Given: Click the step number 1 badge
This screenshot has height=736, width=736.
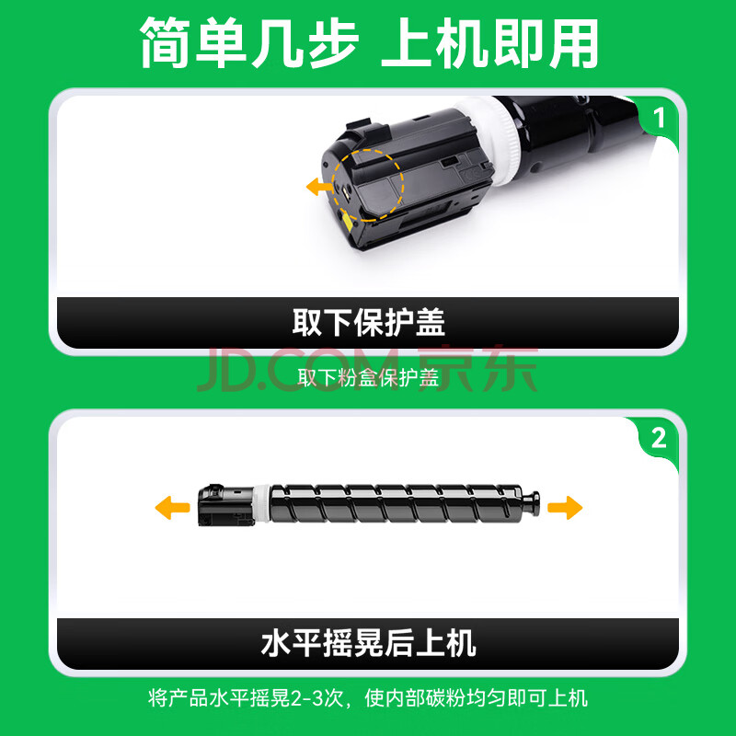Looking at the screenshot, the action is [x=659, y=118].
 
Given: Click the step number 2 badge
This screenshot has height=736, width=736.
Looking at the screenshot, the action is [x=659, y=439].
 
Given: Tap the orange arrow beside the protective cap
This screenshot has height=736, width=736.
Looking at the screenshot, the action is [x=319, y=187].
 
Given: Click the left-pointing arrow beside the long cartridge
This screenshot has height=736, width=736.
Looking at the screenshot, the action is [x=172, y=508].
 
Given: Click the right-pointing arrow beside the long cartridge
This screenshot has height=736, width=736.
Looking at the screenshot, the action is [x=565, y=508].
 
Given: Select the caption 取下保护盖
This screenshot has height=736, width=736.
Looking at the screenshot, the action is [x=369, y=323].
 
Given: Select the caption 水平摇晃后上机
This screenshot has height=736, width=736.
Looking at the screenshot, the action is [x=369, y=643].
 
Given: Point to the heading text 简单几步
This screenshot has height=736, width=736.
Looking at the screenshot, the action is [x=248, y=43].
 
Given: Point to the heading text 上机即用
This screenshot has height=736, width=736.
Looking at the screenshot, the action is [x=489, y=43].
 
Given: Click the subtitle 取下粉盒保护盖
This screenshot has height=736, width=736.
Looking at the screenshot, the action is [x=369, y=378].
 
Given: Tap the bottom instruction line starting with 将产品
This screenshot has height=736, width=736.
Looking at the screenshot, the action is [x=369, y=698].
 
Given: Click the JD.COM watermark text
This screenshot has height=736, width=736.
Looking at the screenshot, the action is [x=297, y=371].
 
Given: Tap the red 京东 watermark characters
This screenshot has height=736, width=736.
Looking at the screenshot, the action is [x=477, y=370].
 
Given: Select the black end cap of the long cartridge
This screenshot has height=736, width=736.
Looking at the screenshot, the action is [x=225, y=505].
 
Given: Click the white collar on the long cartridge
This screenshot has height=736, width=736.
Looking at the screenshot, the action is [x=262, y=504].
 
